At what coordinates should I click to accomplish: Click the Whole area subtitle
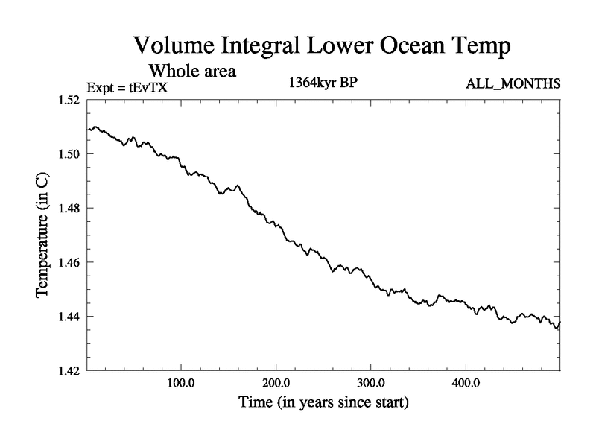coord(193,72)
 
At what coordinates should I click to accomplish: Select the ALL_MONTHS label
coord(513,83)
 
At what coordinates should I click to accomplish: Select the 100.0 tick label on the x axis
coord(182,384)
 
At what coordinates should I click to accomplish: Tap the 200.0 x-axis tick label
coord(276,384)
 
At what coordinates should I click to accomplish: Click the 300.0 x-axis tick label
coord(371,384)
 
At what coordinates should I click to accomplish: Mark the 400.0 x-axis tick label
coord(466,384)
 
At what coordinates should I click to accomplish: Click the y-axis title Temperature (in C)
coord(43,235)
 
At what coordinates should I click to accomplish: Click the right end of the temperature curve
coord(559,323)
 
